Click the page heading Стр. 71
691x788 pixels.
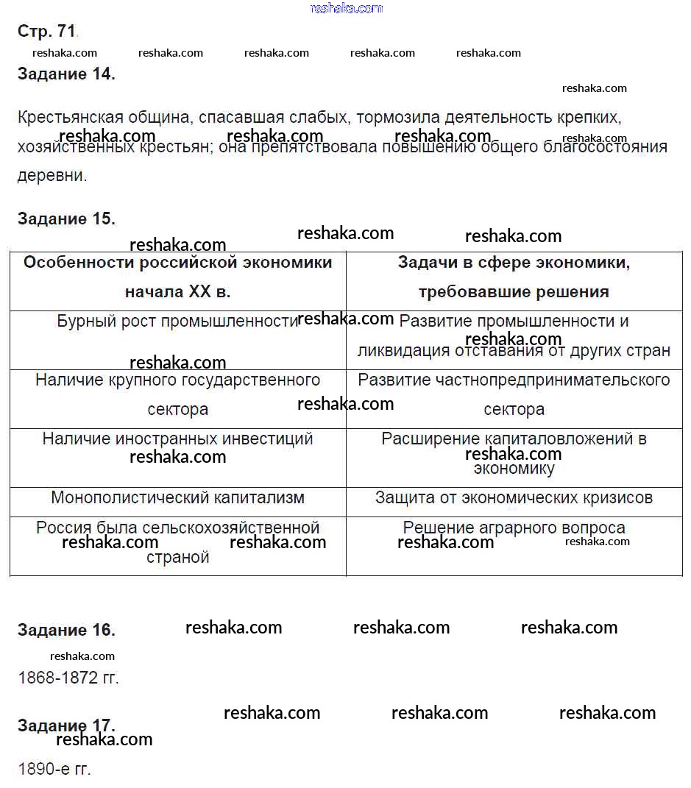click(x=46, y=31)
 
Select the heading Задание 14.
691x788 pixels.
click(x=66, y=74)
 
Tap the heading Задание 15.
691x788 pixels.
click(x=66, y=219)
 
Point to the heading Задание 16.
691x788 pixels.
click(x=66, y=630)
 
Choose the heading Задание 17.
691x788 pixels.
click(x=66, y=725)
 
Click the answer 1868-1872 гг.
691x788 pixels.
click(x=68, y=678)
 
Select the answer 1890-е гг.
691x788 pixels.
click(x=54, y=770)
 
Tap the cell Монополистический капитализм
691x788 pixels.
click(x=177, y=498)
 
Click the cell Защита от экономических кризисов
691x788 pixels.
click(x=514, y=498)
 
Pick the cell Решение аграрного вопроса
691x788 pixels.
click(x=514, y=528)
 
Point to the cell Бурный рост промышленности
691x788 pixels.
click(x=177, y=322)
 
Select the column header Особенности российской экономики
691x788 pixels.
click(x=177, y=263)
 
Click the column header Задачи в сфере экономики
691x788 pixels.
click(x=514, y=263)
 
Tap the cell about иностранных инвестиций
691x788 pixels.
click(x=177, y=439)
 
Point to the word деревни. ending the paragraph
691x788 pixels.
click(x=52, y=176)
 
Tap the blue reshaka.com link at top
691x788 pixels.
click(x=347, y=8)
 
